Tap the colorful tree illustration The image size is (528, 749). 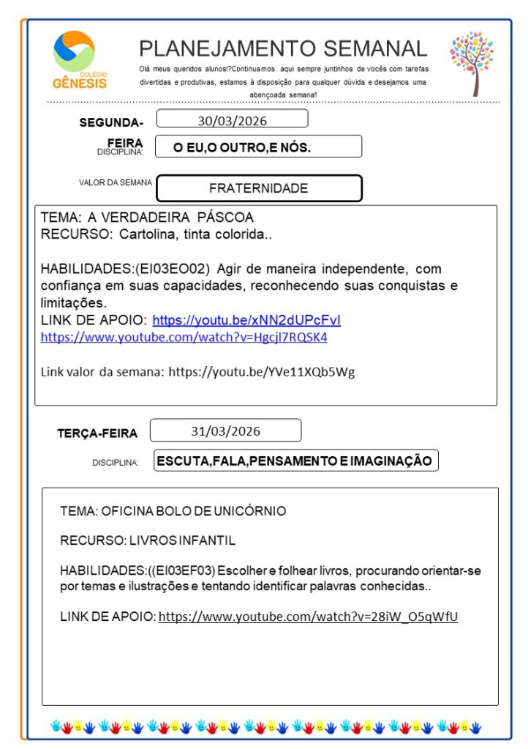[x=472, y=62]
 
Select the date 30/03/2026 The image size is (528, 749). [x=232, y=119]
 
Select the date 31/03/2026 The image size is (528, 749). [x=225, y=431]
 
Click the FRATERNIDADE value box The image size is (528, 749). [x=259, y=188]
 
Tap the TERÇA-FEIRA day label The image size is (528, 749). [x=97, y=433]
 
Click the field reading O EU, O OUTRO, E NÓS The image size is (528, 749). [x=242, y=147]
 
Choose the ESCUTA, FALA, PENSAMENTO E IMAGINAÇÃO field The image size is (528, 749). [x=295, y=461]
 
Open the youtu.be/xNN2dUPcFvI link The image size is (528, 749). [x=246, y=320]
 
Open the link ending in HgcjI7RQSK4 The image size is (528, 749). [x=184, y=338]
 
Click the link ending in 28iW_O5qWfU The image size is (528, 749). [x=308, y=616]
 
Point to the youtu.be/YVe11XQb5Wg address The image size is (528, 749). [x=261, y=372]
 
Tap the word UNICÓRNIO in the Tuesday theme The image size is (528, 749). [x=246, y=510]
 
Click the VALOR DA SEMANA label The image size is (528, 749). [x=116, y=183]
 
